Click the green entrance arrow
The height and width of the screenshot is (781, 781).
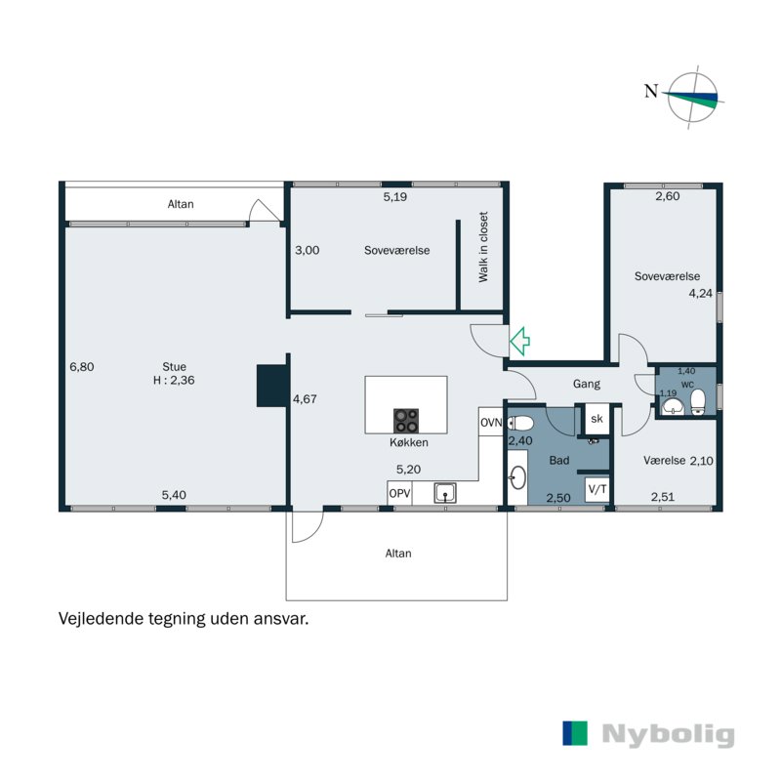point(519,341)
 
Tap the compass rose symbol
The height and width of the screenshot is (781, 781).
point(692,97)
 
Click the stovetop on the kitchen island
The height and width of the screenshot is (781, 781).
point(406,421)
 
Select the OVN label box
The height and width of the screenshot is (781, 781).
point(491,423)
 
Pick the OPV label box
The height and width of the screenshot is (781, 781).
point(399,493)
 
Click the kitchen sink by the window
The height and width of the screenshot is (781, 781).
point(445,493)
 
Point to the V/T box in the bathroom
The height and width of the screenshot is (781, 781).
point(597,489)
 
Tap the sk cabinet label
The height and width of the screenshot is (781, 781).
point(596,419)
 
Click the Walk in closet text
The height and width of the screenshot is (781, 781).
point(483,247)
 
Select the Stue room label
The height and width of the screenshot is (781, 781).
point(175,367)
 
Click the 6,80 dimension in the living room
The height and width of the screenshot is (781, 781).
point(82,367)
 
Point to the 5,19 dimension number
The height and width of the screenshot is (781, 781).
point(395,197)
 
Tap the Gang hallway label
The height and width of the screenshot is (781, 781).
point(587,384)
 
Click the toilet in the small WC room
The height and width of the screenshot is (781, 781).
point(698,401)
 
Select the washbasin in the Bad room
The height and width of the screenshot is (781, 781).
point(517,477)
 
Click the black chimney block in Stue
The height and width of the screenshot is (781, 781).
point(272,386)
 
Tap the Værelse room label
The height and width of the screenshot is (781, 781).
point(665,461)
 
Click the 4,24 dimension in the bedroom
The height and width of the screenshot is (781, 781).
point(700,294)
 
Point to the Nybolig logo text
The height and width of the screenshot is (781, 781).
point(668,735)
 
